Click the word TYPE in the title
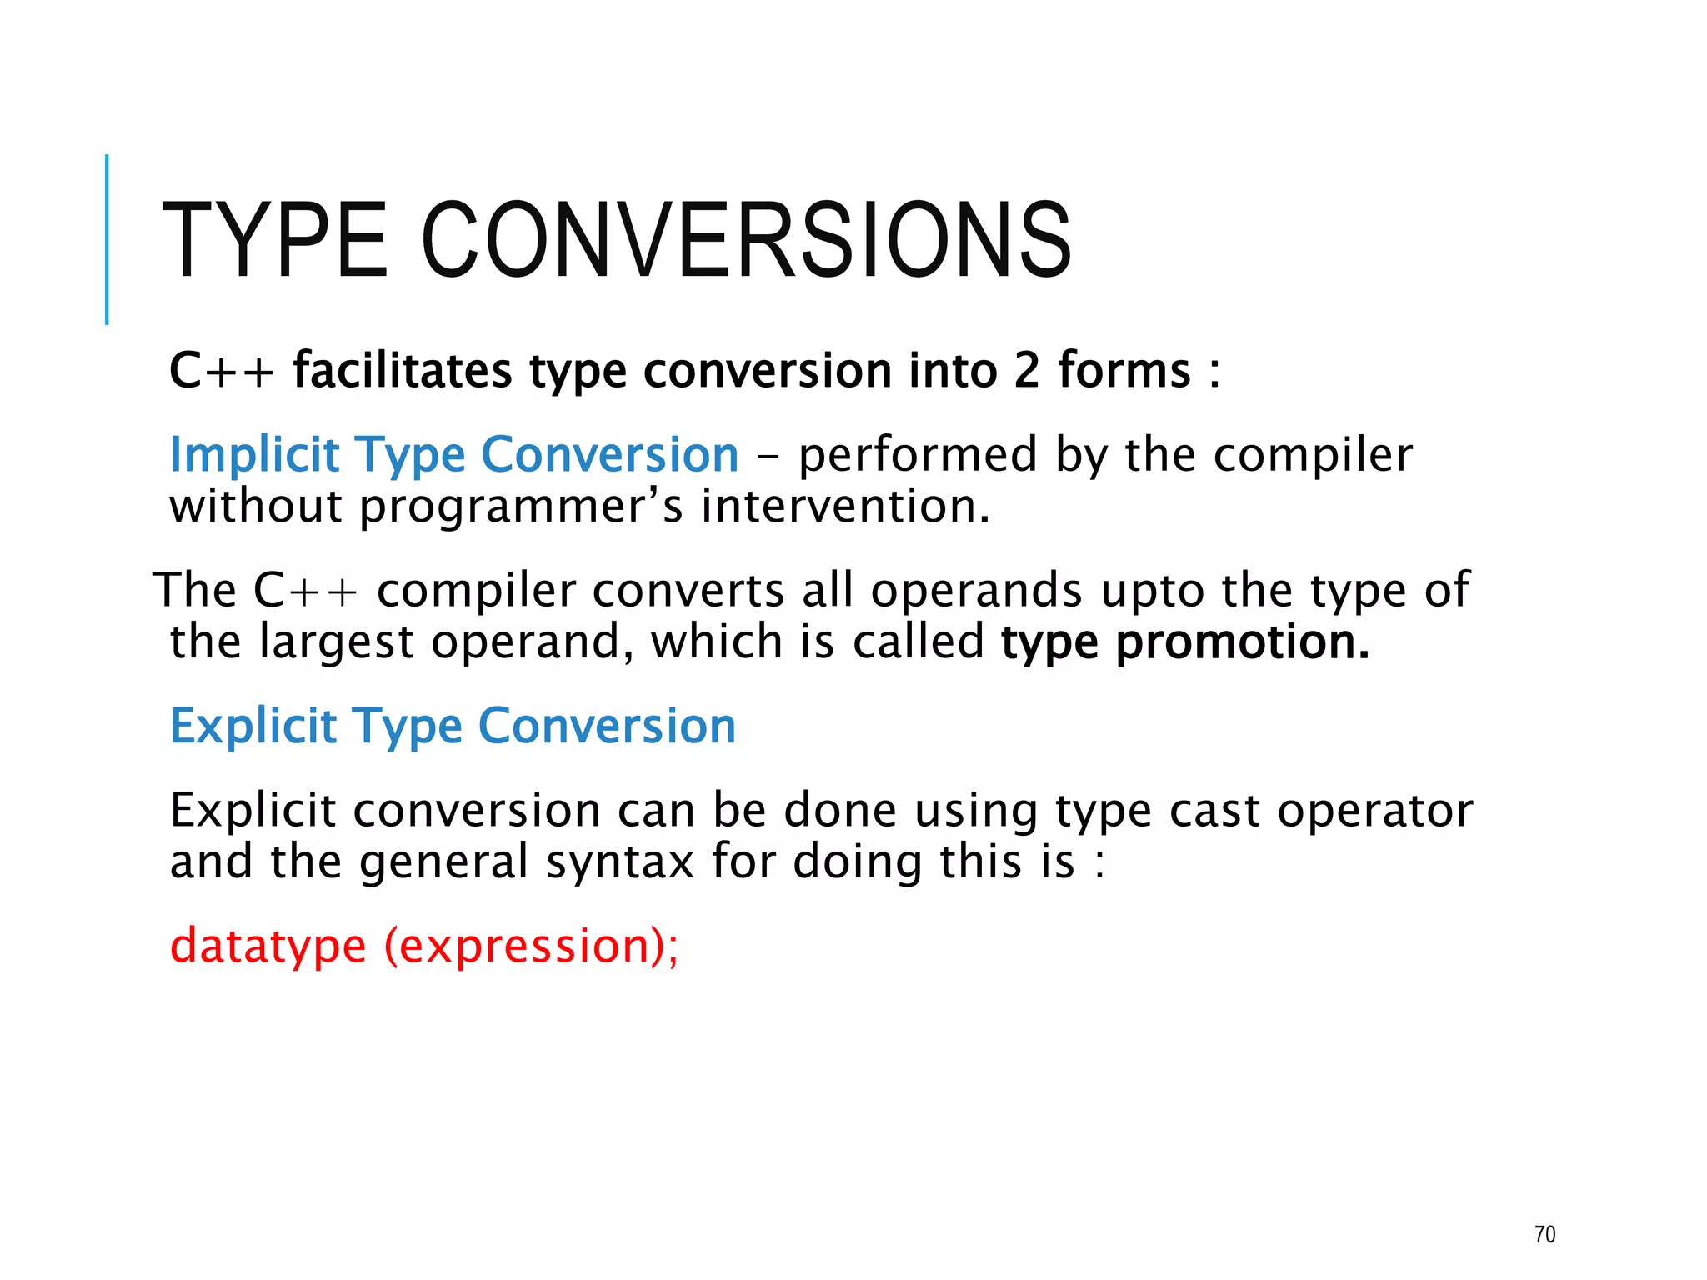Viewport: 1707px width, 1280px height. [x=275, y=241]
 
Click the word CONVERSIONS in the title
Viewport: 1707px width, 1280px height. [x=747, y=241]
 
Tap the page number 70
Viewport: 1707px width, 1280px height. [x=1544, y=1234]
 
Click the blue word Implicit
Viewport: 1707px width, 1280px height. [x=254, y=455]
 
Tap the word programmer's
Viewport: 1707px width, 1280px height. [x=521, y=507]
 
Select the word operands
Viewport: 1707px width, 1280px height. [x=976, y=591]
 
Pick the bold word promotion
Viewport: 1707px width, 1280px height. [x=1242, y=642]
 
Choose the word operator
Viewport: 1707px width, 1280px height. [x=1375, y=812]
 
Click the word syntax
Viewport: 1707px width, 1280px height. [x=619, y=862]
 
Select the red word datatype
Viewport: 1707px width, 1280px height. [x=268, y=947]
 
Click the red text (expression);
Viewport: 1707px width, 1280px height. [x=531, y=947]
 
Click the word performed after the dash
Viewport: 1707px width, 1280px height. [x=918, y=455]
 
